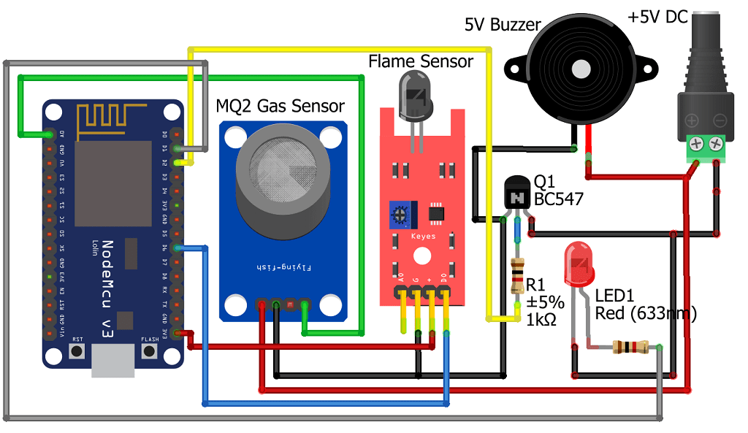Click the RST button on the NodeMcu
pyautogui.click(x=76, y=351)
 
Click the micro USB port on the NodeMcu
pyautogui.click(x=113, y=361)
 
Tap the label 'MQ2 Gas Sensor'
pyautogui.click(x=280, y=106)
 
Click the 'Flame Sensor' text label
pyautogui.click(x=420, y=61)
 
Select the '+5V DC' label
pyautogui.click(x=657, y=16)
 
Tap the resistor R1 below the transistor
pyautogui.click(x=518, y=276)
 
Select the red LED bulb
pyautogui.click(x=579, y=264)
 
